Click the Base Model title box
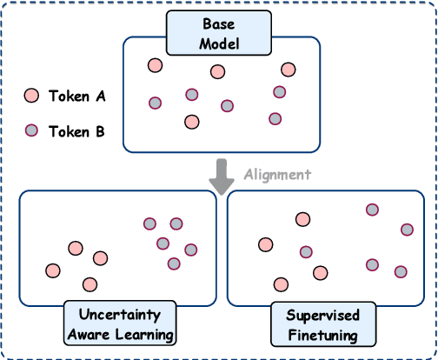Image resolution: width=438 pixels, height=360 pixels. click(x=217, y=33)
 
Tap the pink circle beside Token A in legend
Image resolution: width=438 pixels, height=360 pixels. click(x=31, y=96)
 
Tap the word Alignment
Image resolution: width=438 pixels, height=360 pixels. click(x=275, y=174)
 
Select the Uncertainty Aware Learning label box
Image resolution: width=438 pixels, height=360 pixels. click(x=118, y=323)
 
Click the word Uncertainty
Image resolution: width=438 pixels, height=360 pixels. click(x=118, y=315)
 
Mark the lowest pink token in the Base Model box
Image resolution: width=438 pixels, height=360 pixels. click(x=191, y=122)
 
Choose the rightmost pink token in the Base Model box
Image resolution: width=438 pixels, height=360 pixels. click(x=289, y=70)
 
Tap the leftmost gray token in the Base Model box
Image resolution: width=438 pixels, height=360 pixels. click(x=155, y=103)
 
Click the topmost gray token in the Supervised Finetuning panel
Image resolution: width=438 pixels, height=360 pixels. click(x=372, y=210)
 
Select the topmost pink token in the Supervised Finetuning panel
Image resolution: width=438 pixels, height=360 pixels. click(x=302, y=219)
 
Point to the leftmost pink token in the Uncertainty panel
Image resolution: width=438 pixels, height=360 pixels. click(x=53, y=270)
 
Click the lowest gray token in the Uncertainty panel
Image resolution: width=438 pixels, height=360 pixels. click(x=173, y=263)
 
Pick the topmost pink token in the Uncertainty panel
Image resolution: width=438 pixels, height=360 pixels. click(x=76, y=248)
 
